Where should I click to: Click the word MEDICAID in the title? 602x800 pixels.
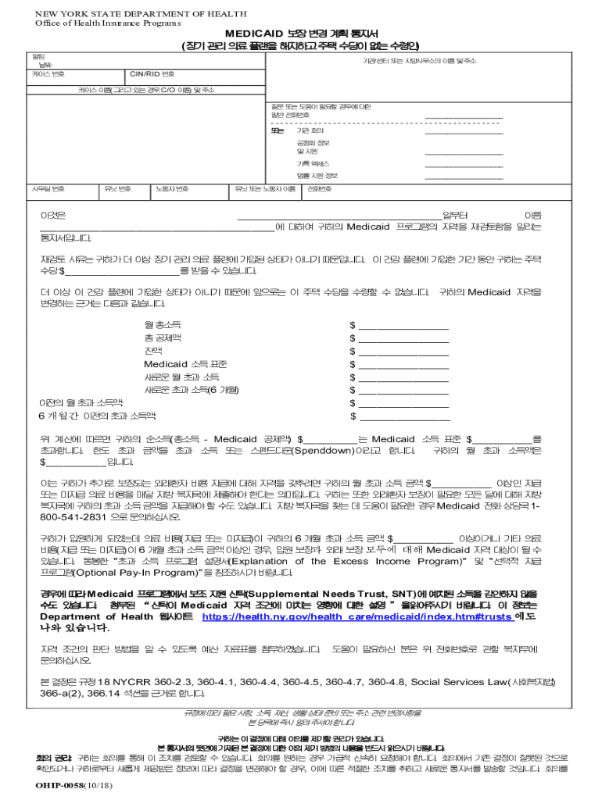point(251,34)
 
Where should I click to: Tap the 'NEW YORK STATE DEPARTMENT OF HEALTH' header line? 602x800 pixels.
point(140,14)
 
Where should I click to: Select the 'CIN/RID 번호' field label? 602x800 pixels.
point(152,74)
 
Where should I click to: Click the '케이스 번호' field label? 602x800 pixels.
point(48,74)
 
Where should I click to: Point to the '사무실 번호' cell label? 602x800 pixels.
point(48,189)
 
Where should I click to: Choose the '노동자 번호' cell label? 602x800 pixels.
point(171,189)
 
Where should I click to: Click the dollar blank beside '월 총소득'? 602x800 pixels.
point(403,326)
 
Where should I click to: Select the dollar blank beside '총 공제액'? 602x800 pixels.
point(403,339)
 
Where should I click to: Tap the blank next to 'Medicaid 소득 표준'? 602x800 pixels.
point(403,365)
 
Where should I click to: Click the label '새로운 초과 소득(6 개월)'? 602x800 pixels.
point(192,390)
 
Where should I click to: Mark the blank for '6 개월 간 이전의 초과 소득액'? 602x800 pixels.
point(403,416)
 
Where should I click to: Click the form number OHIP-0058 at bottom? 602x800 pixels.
point(51,786)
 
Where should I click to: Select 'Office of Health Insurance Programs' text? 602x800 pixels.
point(102,22)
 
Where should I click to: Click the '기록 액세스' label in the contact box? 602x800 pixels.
point(312,163)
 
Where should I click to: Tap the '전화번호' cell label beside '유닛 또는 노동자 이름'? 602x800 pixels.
point(320,189)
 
